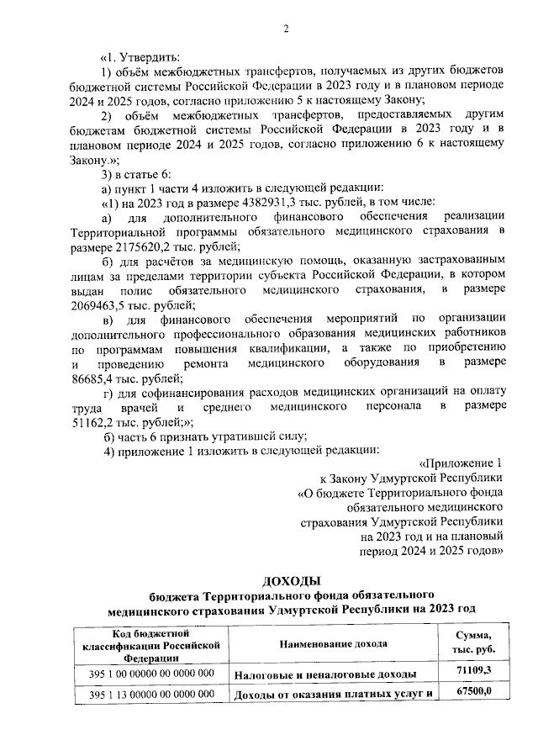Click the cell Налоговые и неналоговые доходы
coord(325,674)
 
